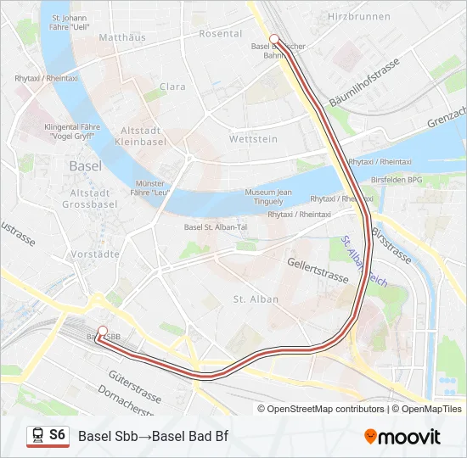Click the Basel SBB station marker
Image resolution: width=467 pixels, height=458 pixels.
pos(103,331)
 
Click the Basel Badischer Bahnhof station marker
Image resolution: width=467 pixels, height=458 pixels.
pos(274,38)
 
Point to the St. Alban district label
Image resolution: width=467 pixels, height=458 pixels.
pos(250,299)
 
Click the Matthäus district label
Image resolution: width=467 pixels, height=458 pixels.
pos(122,38)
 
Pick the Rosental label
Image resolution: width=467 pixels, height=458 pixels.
pos(220,33)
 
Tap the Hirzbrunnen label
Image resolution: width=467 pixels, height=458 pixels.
pos(359,16)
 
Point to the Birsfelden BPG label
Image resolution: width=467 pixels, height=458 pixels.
pos(397,180)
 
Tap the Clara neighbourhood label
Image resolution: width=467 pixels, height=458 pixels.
pos(172,87)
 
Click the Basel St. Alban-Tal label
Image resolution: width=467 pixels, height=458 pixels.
pos(216,227)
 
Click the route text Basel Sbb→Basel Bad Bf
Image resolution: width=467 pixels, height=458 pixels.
pos(153,437)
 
